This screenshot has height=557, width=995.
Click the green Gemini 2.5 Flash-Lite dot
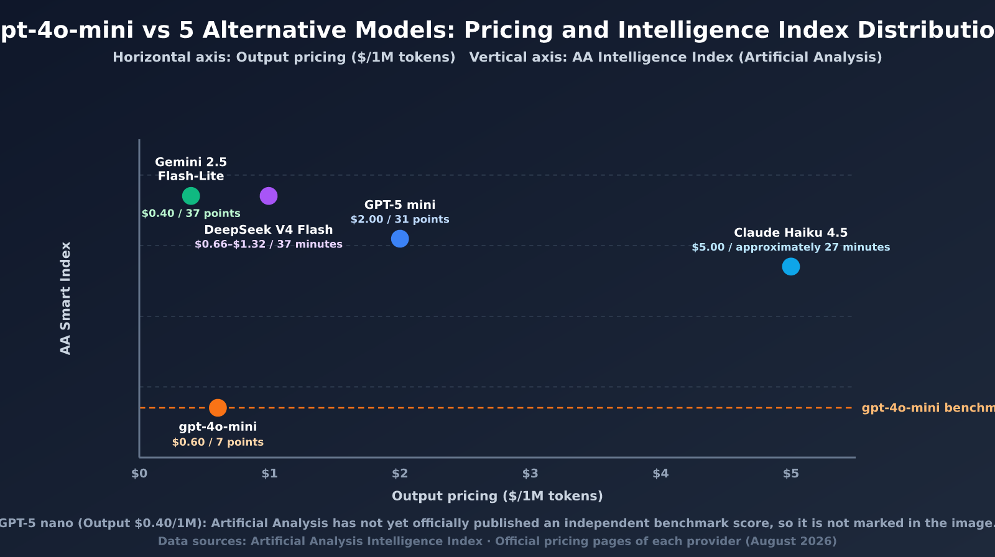(191, 196)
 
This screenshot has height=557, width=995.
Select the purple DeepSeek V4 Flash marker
(269, 196)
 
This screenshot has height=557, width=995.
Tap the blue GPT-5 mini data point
(400, 239)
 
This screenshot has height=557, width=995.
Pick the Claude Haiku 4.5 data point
(790, 267)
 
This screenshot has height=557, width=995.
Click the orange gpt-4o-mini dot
(218, 408)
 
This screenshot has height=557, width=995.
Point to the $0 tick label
(139, 474)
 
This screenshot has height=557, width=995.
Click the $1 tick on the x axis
(270, 474)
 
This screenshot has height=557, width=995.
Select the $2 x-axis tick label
(400, 474)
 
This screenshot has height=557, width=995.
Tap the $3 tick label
(530, 474)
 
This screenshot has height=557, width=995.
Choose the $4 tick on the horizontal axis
(660, 474)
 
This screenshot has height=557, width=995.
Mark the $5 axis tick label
(790, 474)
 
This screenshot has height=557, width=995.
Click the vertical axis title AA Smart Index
(65, 298)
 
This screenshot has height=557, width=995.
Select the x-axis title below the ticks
(497, 496)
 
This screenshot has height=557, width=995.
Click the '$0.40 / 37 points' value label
(191, 214)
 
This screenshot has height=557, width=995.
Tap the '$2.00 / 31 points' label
(400, 219)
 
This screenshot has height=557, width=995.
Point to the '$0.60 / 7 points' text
(218, 443)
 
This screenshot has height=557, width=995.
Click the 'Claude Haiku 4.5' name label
(790, 232)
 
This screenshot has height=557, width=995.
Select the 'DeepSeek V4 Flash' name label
(269, 229)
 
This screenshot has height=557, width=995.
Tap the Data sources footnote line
(497, 541)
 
